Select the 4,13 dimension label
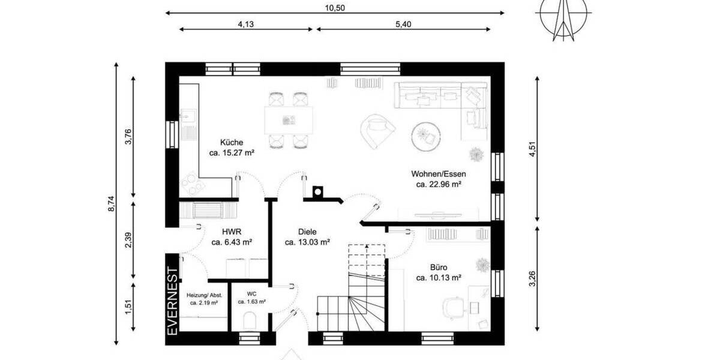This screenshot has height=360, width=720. [x=245, y=25]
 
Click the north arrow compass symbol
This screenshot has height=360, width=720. [x=562, y=18]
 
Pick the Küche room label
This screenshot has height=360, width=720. [x=232, y=143]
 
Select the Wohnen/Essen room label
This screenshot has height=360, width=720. [x=438, y=174]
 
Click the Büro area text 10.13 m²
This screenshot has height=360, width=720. [x=438, y=278]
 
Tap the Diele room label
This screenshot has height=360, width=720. [x=307, y=232]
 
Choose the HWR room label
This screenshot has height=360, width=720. [x=231, y=232]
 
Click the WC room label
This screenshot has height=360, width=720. [x=252, y=293]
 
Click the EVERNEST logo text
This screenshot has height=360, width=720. [x=173, y=301]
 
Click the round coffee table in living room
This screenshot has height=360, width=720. [x=427, y=134]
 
